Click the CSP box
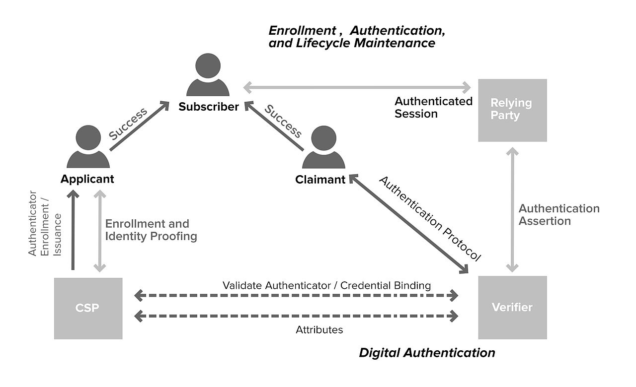click(88, 308)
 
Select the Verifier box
click(512, 307)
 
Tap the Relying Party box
click(512, 110)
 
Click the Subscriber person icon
click(208, 75)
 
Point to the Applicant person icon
click(88, 147)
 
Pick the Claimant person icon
click(323, 147)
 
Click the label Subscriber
click(209, 107)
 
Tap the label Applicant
click(87, 179)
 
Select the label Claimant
click(320, 180)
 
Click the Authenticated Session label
click(433, 107)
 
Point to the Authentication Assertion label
click(559, 214)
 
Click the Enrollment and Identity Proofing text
click(151, 230)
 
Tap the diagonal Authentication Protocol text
click(430, 218)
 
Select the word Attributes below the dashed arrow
click(319, 329)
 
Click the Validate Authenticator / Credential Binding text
click(326, 285)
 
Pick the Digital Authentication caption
click(427, 353)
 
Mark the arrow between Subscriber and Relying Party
click(357, 88)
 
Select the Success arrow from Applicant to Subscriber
click(139, 126)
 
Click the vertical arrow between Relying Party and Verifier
click(512, 209)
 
